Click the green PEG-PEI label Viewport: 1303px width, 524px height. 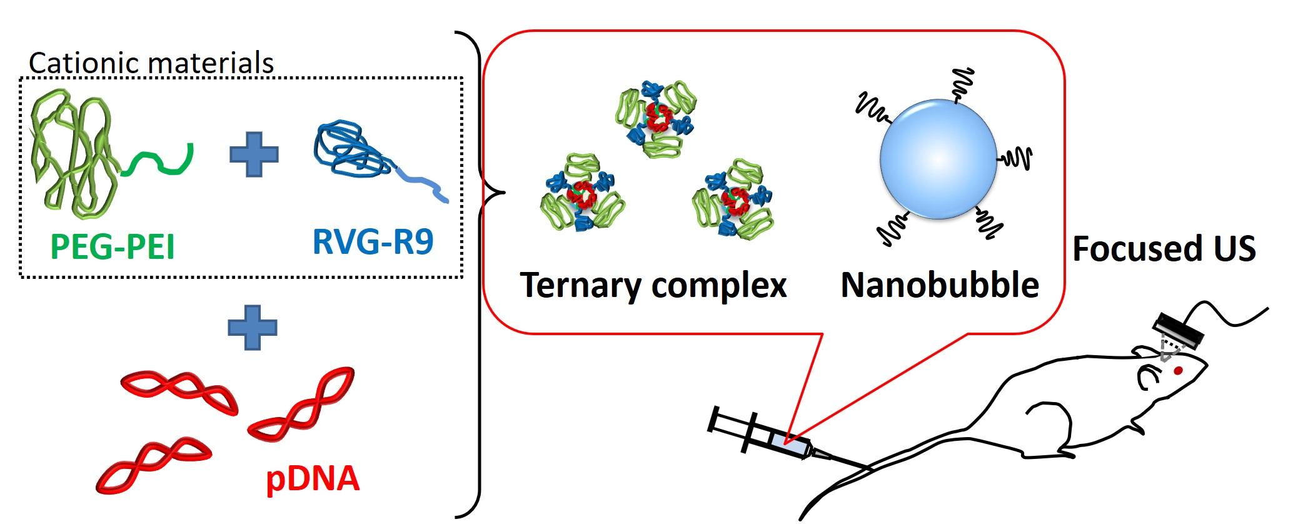113,246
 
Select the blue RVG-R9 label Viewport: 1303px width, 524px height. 373,242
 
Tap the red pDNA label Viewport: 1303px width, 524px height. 313,479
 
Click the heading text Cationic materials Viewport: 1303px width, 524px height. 151,63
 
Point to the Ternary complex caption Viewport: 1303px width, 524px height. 653,286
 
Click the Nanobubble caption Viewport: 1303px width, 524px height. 940,285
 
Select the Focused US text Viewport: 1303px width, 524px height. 1164,248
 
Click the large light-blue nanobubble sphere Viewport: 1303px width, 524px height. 938,159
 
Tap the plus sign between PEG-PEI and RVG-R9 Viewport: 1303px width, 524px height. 254,154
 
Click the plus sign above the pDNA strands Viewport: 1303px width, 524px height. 252,327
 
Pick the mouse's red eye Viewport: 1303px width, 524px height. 1178,371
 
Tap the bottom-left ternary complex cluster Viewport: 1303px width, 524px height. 582,194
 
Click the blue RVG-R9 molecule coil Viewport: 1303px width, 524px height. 347,150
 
